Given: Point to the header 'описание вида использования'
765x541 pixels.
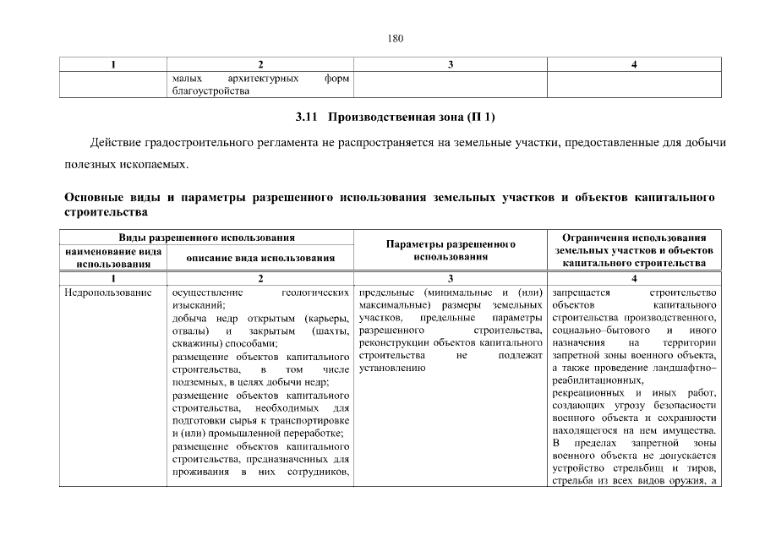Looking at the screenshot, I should click(260, 257).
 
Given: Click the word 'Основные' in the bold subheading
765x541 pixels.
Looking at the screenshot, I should click(95, 198).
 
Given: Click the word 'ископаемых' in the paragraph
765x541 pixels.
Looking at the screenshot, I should click(150, 162).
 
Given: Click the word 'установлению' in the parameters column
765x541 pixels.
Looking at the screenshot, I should click(391, 369).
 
